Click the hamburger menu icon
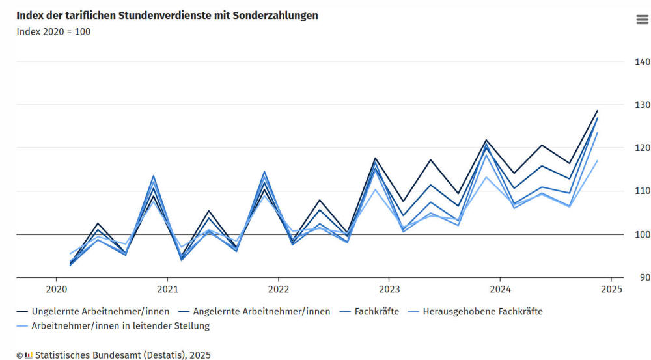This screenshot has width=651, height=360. point(642,20)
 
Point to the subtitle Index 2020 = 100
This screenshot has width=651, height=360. point(53,32)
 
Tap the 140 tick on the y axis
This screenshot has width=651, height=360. point(642,62)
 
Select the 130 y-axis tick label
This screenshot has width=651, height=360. point(642,105)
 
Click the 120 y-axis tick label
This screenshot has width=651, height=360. point(642,148)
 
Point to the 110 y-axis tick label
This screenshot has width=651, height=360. point(642,191)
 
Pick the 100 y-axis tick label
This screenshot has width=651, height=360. point(642,234)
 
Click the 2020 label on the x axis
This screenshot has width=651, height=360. point(57,288)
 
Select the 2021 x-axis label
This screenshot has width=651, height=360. point(167,288)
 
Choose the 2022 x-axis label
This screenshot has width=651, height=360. point(279,288)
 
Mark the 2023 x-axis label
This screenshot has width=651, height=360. point(389,288)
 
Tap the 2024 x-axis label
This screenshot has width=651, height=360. point(500,288)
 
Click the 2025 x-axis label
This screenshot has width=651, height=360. point(611,288)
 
